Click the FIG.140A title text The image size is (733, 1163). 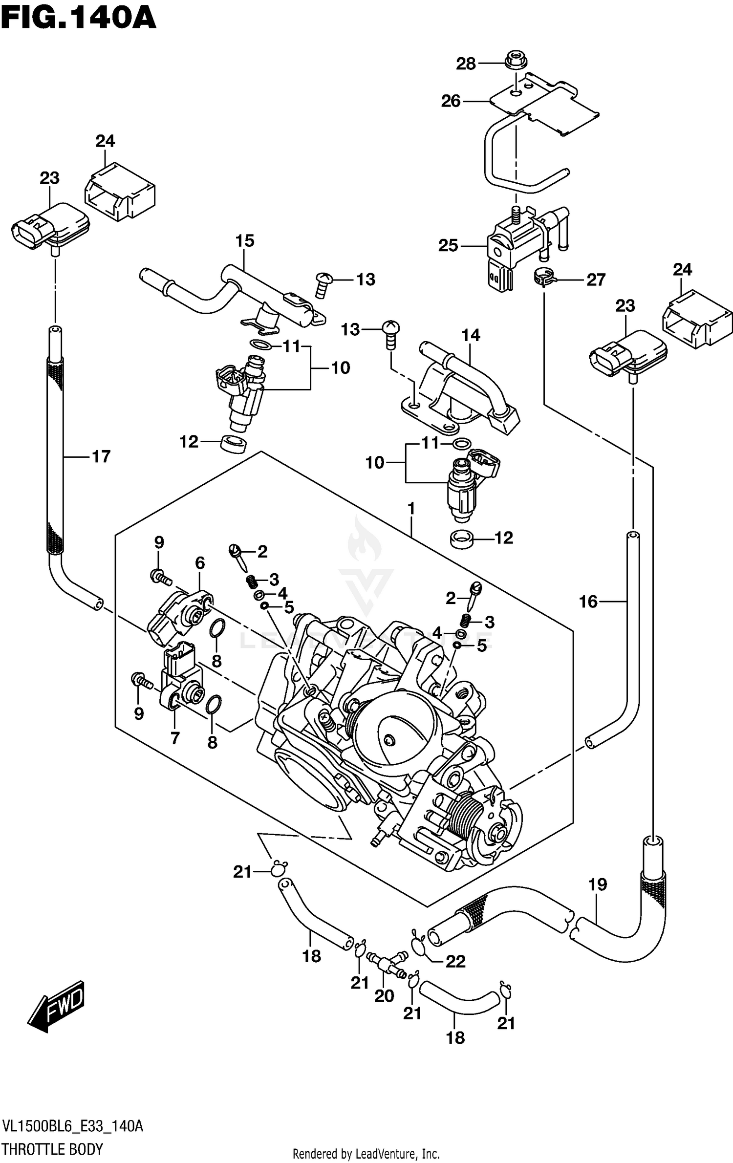click(78, 19)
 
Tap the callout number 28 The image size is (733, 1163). click(466, 64)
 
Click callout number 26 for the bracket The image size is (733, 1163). click(451, 101)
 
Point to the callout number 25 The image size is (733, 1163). click(448, 245)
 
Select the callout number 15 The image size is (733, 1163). click(245, 241)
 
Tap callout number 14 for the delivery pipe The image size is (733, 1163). click(471, 335)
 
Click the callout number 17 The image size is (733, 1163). click(101, 456)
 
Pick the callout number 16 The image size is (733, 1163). click(588, 602)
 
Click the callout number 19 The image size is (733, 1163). click(597, 884)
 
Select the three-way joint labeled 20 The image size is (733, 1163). click(388, 965)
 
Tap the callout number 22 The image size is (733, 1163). click(455, 962)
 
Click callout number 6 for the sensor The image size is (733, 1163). click(200, 563)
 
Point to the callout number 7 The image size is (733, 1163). click(175, 738)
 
